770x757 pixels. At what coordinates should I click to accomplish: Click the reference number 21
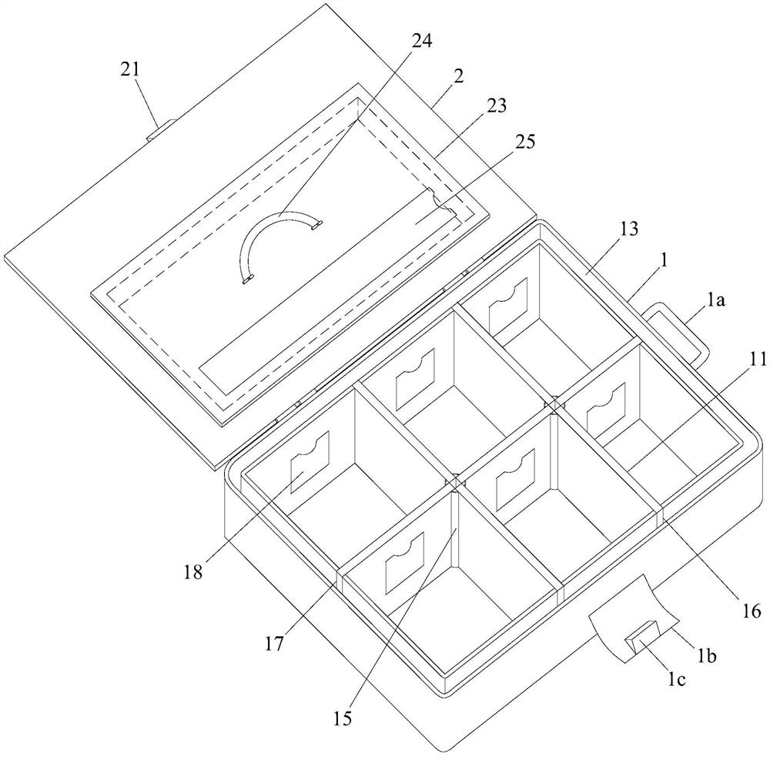130,69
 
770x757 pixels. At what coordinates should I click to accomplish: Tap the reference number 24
422,40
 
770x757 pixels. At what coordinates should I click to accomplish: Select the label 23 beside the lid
496,106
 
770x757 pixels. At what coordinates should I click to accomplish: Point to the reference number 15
343,718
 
